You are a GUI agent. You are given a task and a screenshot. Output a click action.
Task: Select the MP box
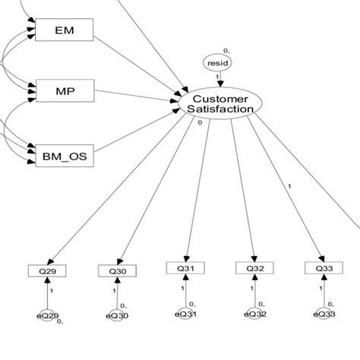tap(64, 92)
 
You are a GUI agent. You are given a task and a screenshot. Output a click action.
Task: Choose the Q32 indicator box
tap(254, 267)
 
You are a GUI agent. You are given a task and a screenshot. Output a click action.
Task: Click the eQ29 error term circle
tap(48, 314)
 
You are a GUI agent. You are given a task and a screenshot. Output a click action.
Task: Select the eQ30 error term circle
tap(118, 314)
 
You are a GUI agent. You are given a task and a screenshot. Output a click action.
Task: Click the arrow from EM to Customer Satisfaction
tap(137, 63)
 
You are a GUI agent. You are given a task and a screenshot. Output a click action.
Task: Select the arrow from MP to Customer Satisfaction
tap(137, 96)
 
